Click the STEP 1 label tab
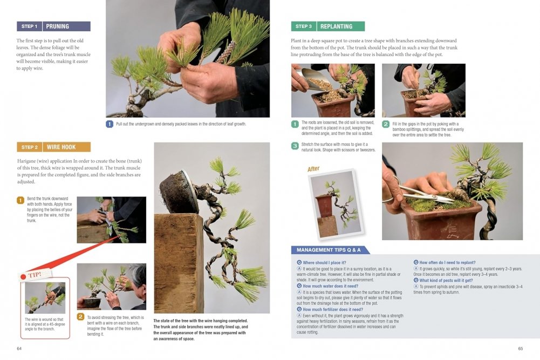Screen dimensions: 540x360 [x=29, y=26]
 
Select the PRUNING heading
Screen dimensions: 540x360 [x=58, y=26]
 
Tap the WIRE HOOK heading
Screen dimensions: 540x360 [x=61, y=147]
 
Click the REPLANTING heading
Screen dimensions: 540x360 [x=337, y=26]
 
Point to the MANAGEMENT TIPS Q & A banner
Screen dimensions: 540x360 [x=329, y=250]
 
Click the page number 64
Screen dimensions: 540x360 [x=19, y=349]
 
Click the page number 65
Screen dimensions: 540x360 [x=521, y=349]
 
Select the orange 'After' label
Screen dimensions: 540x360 [x=313, y=169]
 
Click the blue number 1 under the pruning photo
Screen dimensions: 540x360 [x=110, y=124]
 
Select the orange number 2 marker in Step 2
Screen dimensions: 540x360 [x=80, y=317]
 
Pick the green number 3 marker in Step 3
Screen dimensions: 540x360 [x=295, y=146]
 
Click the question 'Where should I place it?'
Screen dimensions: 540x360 [x=324, y=262]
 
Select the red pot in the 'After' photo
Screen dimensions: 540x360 [x=324, y=206]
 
